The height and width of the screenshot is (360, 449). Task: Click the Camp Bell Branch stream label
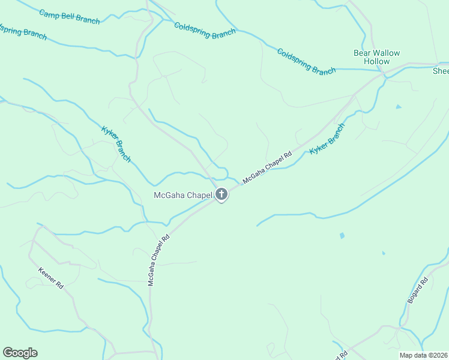(70, 16)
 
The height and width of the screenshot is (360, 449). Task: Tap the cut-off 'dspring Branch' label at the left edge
(23, 31)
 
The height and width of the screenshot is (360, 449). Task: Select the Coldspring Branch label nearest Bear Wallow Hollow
(306, 61)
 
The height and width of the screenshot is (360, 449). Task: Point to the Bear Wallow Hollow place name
(376, 57)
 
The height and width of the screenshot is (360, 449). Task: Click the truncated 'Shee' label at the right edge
(441, 71)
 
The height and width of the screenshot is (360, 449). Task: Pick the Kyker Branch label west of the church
(116, 145)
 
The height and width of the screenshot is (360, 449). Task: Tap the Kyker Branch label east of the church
(327, 139)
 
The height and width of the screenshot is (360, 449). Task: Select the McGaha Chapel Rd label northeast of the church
(267, 167)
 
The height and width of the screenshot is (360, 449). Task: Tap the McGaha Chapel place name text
(184, 195)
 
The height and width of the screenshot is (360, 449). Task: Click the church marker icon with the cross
(221, 194)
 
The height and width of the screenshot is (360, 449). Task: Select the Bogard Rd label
(417, 290)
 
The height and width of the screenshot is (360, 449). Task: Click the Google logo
(20, 353)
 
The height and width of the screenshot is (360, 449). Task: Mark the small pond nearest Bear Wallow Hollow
(398, 107)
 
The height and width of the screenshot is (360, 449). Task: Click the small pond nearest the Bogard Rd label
(383, 253)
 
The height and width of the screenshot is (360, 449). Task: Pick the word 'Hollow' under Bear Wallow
(376, 62)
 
